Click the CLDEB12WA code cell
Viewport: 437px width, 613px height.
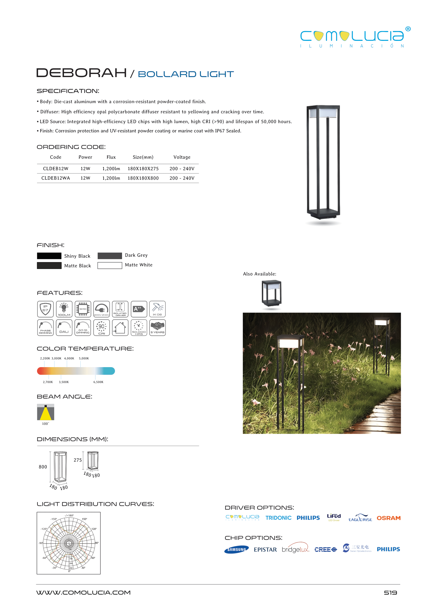55,178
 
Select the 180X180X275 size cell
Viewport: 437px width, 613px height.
143,169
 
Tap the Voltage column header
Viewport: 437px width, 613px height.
182,157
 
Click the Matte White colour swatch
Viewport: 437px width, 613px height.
109,265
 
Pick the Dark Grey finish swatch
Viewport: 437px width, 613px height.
109,256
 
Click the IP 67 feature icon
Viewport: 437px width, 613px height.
45,309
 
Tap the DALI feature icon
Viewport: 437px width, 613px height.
64,328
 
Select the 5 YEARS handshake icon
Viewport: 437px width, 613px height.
157,328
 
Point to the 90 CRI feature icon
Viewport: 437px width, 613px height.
101,328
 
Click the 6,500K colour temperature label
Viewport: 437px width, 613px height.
98,382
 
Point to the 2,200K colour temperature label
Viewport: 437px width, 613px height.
45,358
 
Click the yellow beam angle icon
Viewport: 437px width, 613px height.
45,412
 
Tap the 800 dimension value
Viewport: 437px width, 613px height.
43,467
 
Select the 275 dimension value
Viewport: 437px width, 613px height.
78,460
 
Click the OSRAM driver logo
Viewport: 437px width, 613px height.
388,518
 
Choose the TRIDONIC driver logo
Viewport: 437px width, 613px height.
278,518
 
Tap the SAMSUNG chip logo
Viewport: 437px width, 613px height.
236,550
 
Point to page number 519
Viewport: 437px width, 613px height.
390,592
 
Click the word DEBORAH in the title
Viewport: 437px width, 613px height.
81,73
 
